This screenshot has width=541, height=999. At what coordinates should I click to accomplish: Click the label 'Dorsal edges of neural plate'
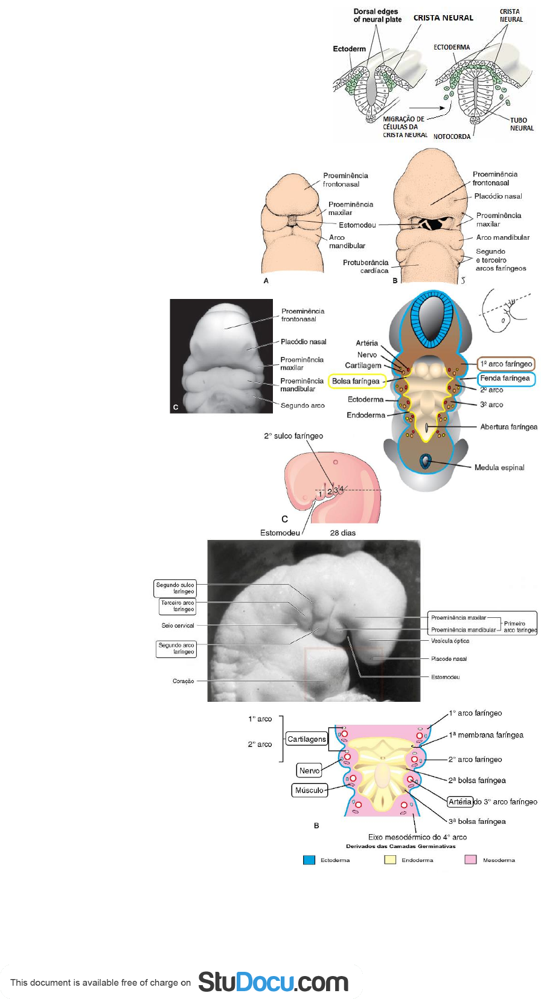(x=377, y=15)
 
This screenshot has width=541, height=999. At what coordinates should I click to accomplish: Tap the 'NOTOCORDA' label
(x=452, y=137)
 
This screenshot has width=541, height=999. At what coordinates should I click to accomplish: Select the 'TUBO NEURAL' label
(x=521, y=124)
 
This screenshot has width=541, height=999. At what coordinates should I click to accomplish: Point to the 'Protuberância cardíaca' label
(x=366, y=266)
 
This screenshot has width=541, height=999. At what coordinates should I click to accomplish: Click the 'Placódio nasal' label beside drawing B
(x=498, y=196)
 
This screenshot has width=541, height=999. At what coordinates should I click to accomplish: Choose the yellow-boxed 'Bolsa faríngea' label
(x=356, y=381)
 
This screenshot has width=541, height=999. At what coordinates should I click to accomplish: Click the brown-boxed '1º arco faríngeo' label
(x=506, y=364)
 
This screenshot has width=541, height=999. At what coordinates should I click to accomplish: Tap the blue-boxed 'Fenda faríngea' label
(x=505, y=378)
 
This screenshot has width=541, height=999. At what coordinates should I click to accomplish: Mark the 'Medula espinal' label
(x=499, y=467)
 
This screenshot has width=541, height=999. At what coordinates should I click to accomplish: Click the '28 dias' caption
(x=342, y=533)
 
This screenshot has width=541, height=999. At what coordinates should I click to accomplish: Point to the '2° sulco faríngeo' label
(x=293, y=435)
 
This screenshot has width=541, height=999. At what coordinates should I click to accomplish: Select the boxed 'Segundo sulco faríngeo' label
(x=175, y=588)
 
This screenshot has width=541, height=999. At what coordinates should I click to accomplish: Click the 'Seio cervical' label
(x=178, y=626)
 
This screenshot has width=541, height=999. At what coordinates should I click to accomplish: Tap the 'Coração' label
(x=183, y=681)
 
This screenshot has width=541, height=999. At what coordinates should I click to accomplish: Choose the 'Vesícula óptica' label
(x=450, y=641)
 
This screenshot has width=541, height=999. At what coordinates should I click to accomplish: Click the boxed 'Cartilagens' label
(x=307, y=739)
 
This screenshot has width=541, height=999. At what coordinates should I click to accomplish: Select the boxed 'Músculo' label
(x=309, y=790)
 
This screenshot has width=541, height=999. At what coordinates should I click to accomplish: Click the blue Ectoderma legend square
(x=309, y=860)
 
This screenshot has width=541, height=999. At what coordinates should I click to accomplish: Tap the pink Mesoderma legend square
(x=470, y=860)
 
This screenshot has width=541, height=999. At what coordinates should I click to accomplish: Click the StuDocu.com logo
(x=273, y=982)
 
